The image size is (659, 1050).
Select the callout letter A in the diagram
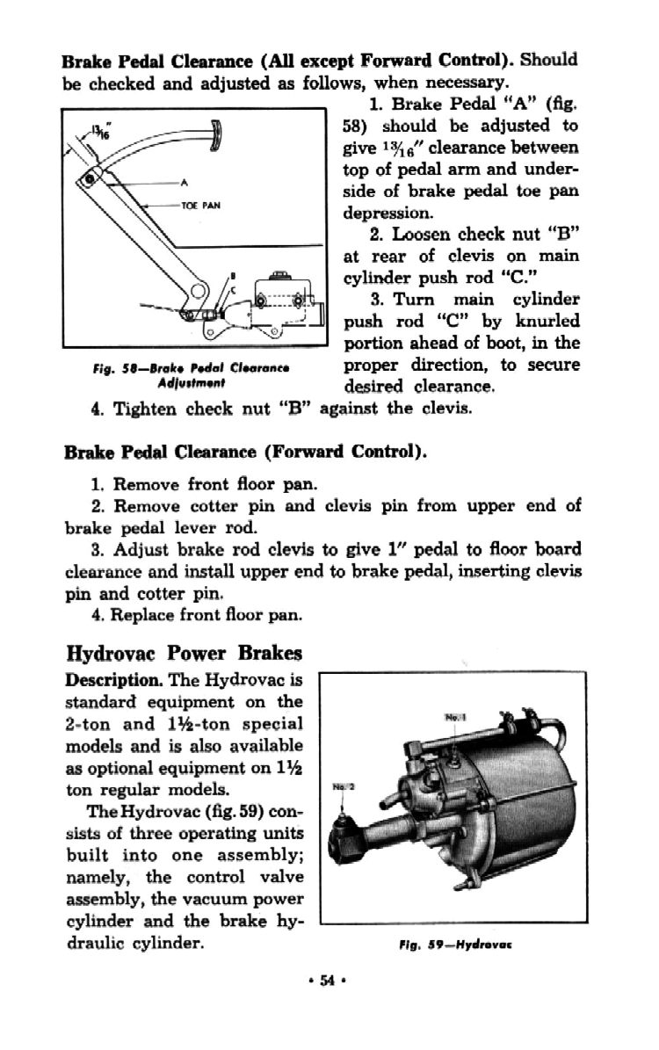[184, 183]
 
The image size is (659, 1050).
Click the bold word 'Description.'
[112, 681]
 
